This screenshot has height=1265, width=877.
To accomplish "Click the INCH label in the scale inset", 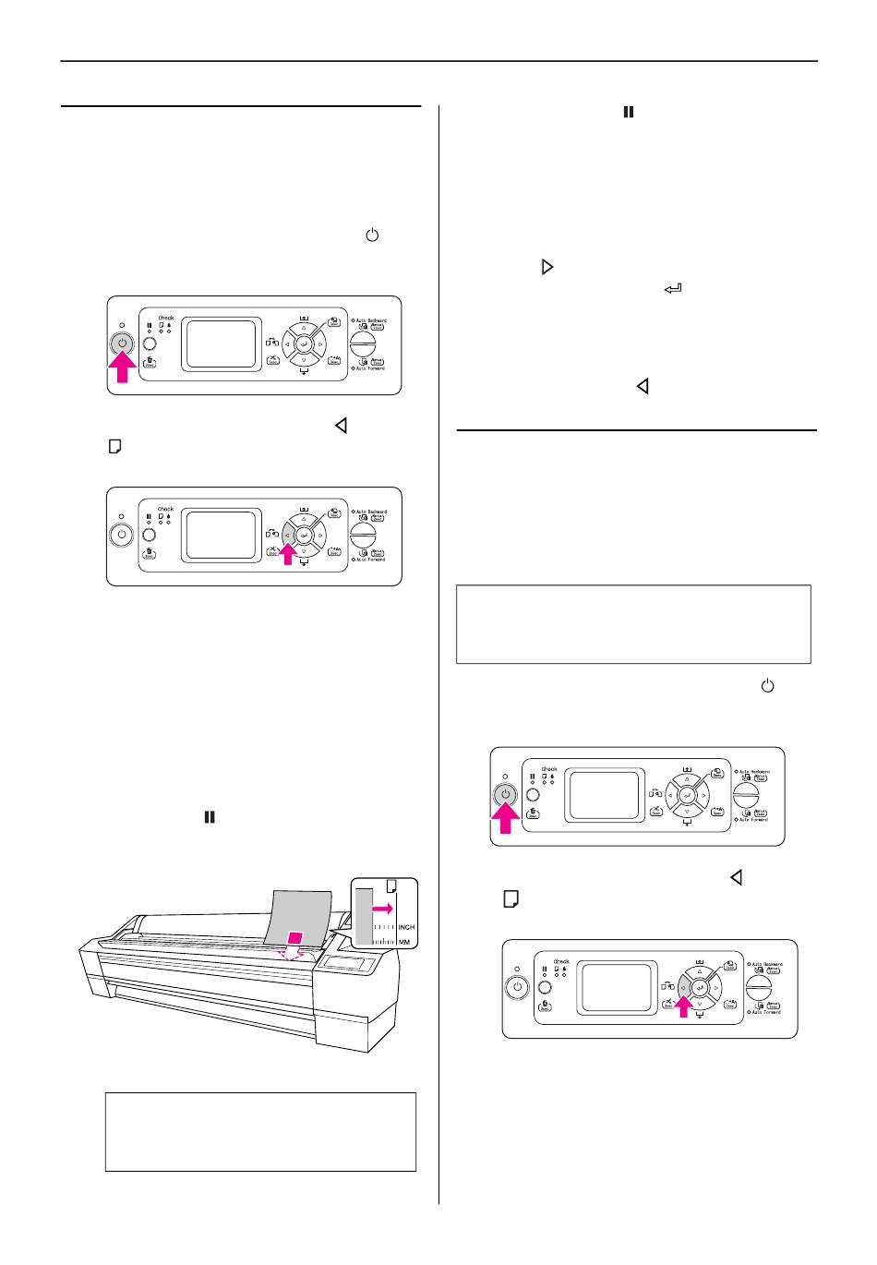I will tap(406, 926).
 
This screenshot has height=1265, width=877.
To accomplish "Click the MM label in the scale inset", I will tap(404, 942).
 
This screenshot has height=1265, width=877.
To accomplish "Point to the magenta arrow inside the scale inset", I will tap(382, 909).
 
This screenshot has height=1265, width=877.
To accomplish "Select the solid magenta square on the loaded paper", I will tap(295, 939).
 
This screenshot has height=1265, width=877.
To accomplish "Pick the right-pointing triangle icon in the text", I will tap(547, 267).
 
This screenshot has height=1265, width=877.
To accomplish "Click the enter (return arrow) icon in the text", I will tap(672, 290).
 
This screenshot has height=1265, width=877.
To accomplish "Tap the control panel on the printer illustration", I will tap(347, 965).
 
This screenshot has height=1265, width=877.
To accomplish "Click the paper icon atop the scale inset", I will tap(391, 885).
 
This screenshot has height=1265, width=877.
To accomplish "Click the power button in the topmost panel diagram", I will tap(122, 343).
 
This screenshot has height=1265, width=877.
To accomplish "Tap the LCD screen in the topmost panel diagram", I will tap(221, 344).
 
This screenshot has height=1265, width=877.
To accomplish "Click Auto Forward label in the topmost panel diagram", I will tap(371, 367).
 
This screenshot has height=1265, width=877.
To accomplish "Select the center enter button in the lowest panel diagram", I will tap(700, 987).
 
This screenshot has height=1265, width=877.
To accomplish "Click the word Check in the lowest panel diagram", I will tap(561, 961).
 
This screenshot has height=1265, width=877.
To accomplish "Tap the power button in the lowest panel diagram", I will tap(517, 987).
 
